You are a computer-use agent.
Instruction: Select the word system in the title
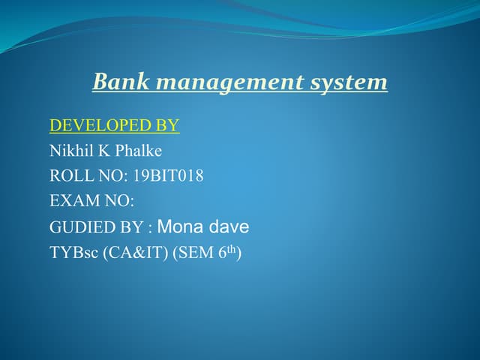tap(349, 82)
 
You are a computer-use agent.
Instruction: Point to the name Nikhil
tap(69, 150)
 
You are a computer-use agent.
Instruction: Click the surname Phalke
tap(138, 151)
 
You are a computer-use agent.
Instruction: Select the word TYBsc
tap(72, 252)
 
